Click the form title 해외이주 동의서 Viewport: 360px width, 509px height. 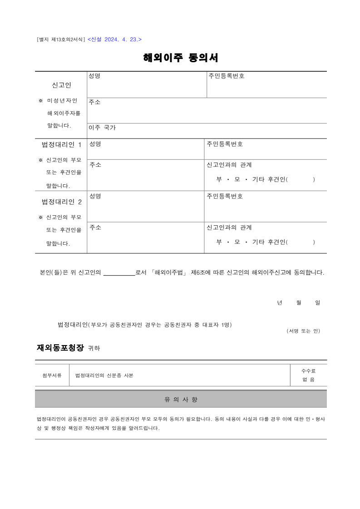point(181,58)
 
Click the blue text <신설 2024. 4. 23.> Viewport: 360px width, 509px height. point(114,40)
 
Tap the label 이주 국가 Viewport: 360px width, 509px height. point(102,128)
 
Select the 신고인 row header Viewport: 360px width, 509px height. point(61,85)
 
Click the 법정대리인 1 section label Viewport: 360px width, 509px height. point(61,145)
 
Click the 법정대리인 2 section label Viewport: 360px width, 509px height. point(61,202)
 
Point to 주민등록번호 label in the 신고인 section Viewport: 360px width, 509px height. point(227,76)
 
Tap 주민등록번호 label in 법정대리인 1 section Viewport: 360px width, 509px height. point(225,144)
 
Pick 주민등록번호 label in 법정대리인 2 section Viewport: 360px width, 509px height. point(225,196)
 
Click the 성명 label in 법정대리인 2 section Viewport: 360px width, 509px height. point(95,196)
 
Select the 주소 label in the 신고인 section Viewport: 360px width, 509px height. point(94,102)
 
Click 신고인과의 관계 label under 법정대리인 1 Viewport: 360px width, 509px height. point(229,164)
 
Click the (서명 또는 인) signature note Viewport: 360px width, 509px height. point(303,331)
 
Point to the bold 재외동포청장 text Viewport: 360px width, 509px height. point(60,348)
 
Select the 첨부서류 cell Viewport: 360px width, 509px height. point(52,376)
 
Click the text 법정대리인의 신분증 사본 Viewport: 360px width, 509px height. point(104,376)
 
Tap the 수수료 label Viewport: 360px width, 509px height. point(308,371)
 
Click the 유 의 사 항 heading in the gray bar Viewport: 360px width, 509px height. point(181,400)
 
